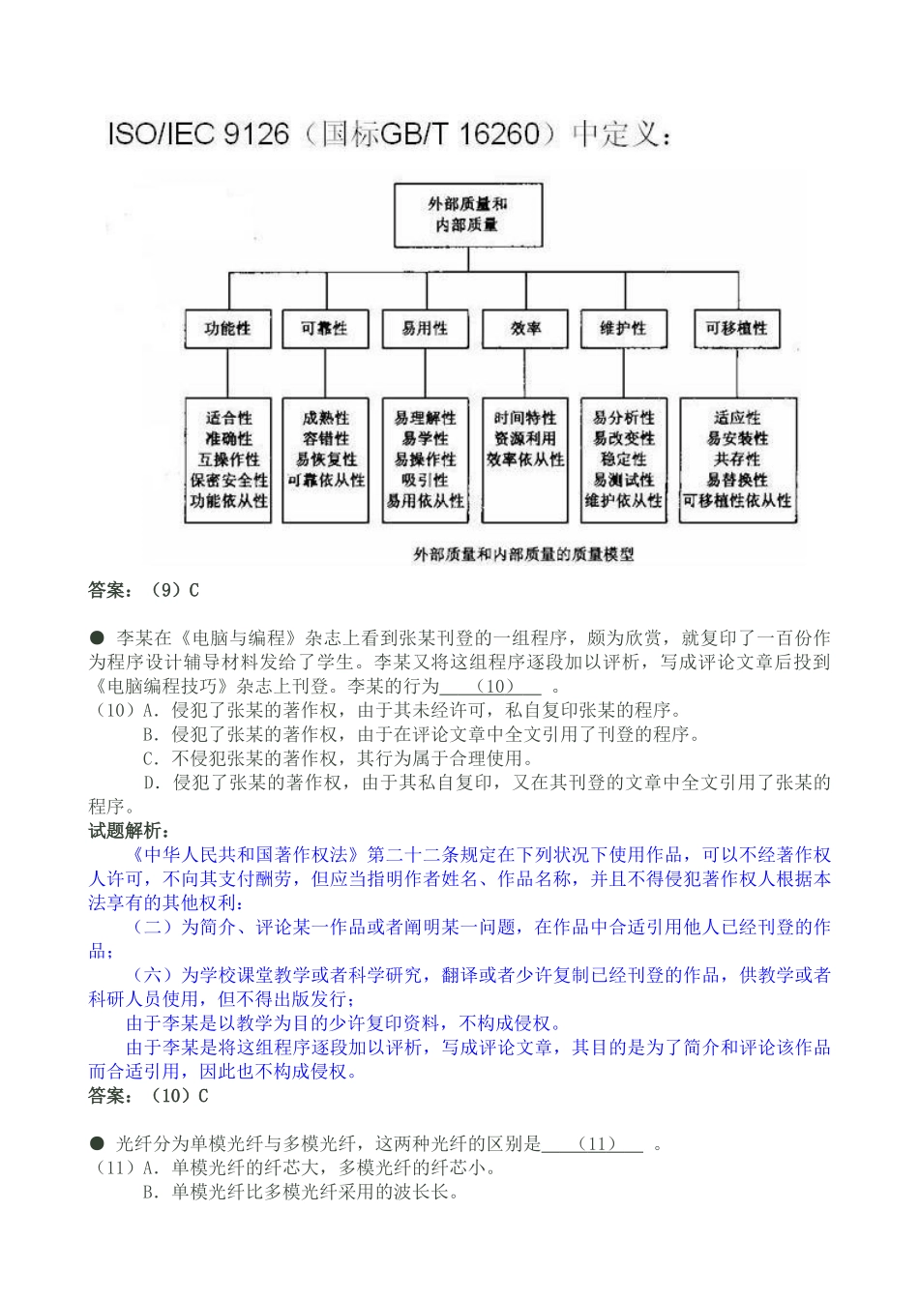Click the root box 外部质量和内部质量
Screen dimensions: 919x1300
point(467,215)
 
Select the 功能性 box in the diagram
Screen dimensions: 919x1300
point(227,329)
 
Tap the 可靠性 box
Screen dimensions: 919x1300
point(324,329)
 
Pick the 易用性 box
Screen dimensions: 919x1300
point(425,329)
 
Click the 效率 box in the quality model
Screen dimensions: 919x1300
point(525,329)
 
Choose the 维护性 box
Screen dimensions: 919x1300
point(623,329)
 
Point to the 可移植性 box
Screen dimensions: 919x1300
point(736,329)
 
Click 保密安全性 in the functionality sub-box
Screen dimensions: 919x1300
point(229,481)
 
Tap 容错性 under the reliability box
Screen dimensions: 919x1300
point(326,439)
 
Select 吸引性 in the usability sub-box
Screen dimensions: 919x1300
point(426,481)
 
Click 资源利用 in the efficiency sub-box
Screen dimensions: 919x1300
point(525,439)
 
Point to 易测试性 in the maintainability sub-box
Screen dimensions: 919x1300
point(624,481)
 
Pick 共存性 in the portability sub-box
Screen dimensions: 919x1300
point(737,459)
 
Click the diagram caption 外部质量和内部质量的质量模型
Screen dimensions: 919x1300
point(523,554)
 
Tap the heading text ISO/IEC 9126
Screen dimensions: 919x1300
point(198,133)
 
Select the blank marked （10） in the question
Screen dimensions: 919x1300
point(491,687)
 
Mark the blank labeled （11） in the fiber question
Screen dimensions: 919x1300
point(592,1144)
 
